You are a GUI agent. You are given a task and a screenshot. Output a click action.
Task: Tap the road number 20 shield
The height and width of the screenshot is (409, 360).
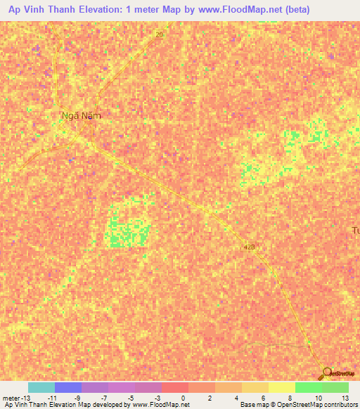click(x=160, y=34)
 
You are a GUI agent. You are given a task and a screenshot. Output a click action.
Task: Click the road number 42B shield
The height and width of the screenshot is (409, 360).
click(x=250, y=247)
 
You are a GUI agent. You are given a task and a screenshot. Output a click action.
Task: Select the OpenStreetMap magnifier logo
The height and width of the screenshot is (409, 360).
click(x=326, y=374)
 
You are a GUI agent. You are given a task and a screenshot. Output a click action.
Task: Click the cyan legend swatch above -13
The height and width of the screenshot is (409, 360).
click(x=41, y=387)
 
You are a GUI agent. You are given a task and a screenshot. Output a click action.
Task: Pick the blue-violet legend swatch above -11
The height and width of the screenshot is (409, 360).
click(x=67, y=387)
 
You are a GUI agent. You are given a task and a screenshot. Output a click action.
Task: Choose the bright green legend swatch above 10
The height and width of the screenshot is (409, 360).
click(x=308, y=387)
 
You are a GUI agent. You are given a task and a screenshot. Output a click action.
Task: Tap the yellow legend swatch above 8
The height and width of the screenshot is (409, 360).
click(x=281, y=387)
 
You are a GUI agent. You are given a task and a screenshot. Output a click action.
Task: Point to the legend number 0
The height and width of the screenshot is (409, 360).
click(x=183, y=398)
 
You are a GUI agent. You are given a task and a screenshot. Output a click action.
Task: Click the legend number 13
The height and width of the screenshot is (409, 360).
click(x=345, y=398)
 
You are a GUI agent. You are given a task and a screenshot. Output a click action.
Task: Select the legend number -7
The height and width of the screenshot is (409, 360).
click(x=103, y=398)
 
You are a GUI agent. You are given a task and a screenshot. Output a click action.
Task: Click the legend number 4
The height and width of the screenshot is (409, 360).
click(x=236, y=398)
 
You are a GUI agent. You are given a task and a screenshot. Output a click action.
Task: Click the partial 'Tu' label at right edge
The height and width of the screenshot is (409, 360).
click(x=355, y=231)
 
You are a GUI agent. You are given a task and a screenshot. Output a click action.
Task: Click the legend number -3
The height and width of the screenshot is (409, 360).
click(x=156, y=398)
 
